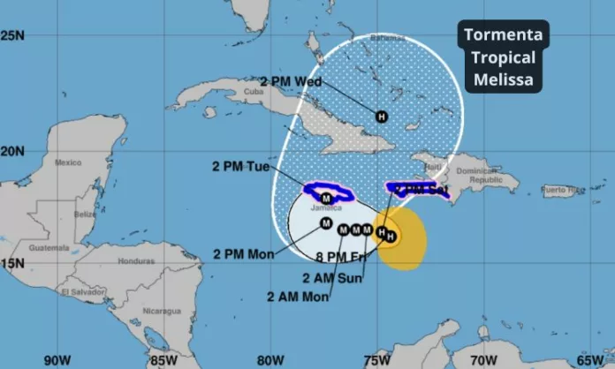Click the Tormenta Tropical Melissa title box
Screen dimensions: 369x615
click(502, 57)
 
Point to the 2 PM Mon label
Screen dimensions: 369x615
click(243, 254)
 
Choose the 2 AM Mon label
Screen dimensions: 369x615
click(298, 297)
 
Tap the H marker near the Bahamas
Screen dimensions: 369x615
click(382, 116)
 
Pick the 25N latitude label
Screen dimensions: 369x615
click(12, 35)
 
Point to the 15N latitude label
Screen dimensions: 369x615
click(12, 263)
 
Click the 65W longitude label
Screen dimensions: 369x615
click(589, 359)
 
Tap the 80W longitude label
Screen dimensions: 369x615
click(271, 359)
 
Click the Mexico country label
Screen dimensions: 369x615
click(68, 162)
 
